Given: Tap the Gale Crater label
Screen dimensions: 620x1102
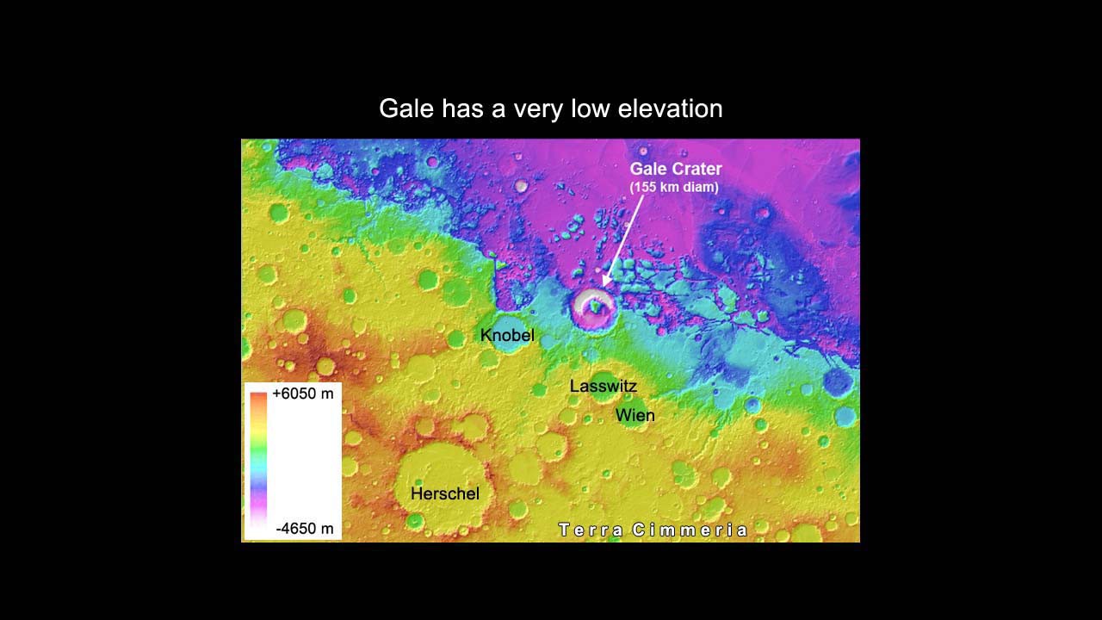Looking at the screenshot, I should (x=676, y=169).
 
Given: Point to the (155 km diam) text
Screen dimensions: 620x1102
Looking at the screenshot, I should (x=674, y=187).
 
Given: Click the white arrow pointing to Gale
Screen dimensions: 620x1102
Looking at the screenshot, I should (x=622, y=240).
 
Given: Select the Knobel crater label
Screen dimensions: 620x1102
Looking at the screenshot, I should (x=507, y=335).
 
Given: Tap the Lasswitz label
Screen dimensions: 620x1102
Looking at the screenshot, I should (x=603, y=387).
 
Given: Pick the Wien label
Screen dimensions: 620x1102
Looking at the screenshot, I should (x=635, y=415).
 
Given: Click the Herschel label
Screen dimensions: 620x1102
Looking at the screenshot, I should (x=444, y=493).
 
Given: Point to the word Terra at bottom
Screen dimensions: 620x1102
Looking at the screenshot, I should (x=591, y=530).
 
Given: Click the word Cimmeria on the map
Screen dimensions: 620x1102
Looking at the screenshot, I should (x=690, y=530).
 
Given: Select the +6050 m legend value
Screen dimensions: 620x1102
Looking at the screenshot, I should (x=302, y=394).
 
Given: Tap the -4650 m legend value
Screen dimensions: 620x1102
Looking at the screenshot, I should (x=304, y=528).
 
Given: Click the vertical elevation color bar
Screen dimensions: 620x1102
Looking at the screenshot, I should (x=258, y=461).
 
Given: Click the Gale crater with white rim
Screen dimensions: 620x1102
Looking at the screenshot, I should (x=593, y=308).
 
